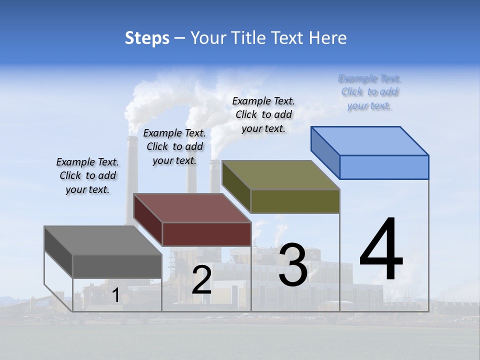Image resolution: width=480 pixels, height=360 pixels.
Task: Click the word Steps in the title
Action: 146,38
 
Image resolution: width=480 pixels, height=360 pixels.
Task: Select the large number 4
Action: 381,250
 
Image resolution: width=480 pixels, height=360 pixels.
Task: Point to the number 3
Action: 292,265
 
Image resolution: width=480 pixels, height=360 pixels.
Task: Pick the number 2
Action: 201,280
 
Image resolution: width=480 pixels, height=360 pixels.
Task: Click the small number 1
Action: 115,295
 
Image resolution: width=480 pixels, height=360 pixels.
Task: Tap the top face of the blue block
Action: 370,140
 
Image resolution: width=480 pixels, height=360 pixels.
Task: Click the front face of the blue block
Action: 384,167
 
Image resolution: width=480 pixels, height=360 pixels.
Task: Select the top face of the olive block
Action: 281,174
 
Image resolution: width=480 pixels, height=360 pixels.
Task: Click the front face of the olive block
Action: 295,201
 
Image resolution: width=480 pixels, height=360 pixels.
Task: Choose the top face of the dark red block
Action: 192,208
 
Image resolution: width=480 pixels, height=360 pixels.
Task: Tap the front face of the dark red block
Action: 206,234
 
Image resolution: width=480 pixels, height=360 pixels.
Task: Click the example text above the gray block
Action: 87,175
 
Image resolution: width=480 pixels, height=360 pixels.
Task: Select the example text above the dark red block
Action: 174,146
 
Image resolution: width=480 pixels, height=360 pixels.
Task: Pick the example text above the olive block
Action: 263,114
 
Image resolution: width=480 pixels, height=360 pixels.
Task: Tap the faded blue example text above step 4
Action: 369,92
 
